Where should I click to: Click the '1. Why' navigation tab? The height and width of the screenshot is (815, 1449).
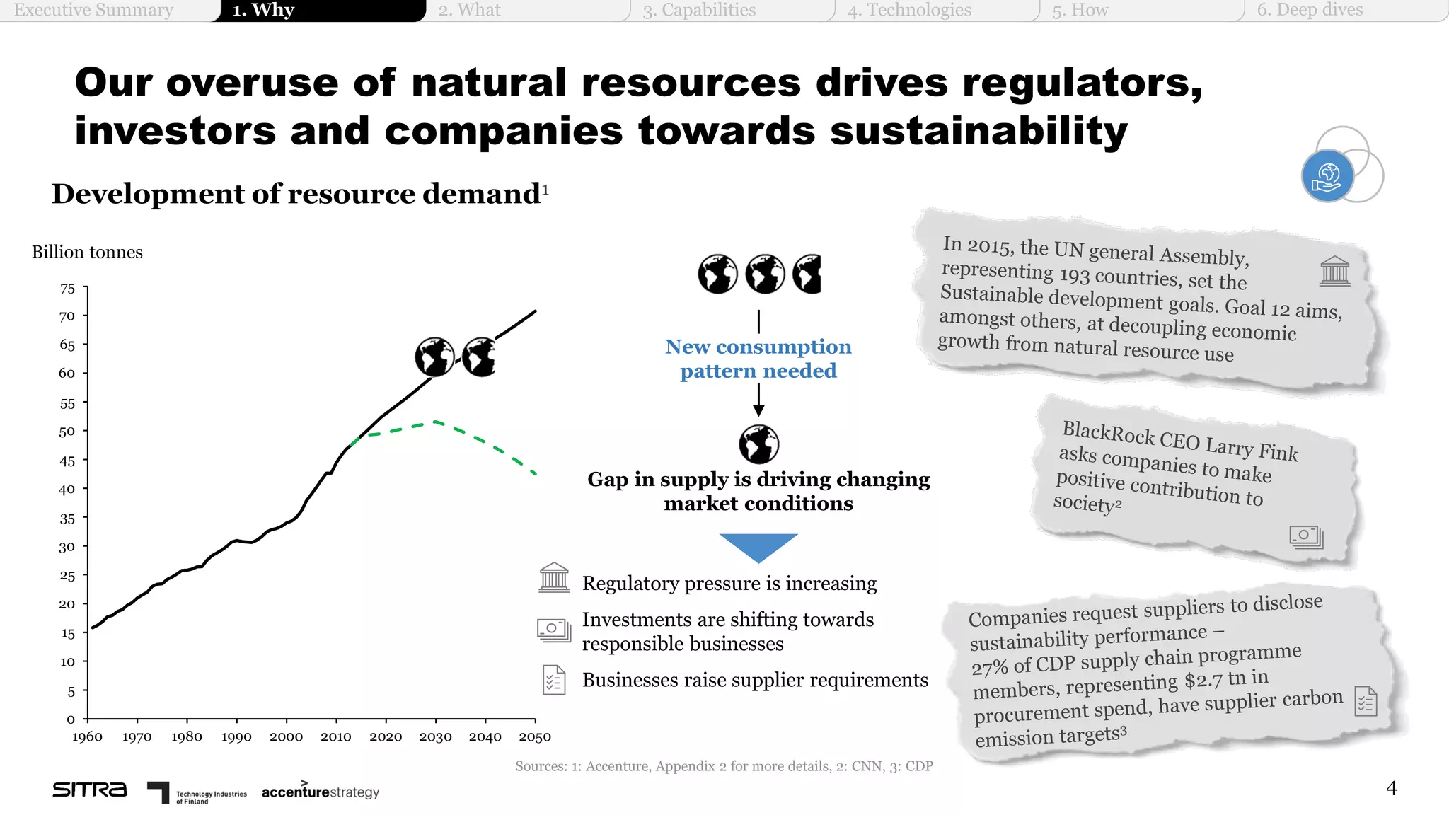(263, 10)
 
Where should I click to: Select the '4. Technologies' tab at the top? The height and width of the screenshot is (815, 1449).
(909, 10)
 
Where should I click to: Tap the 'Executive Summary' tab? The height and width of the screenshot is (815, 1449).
(93, 10)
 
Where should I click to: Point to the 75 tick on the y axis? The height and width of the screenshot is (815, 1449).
(67, 289)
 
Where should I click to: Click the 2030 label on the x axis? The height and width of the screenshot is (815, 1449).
(435, 737)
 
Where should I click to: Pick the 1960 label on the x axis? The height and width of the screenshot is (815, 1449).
(87, 737)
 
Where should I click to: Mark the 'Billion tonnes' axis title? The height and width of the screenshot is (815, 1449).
(87, 253)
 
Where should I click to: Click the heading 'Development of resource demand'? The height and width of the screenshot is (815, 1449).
(296, 194)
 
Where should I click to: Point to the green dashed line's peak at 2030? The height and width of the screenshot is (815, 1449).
(435, 422)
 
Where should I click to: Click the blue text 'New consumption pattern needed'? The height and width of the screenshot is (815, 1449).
(758, 359)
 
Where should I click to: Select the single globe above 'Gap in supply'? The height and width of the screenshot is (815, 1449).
(758, 444)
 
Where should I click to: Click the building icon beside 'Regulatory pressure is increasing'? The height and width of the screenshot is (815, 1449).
(554, 578)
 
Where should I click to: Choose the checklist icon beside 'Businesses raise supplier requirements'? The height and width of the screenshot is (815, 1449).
(554, 680)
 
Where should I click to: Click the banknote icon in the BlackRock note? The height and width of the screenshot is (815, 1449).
(1306, 537)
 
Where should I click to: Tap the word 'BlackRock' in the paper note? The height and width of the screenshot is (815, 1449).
(1107, 433)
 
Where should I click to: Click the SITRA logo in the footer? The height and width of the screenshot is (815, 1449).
(90, 790)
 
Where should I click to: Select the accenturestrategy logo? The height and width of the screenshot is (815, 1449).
(320, 792)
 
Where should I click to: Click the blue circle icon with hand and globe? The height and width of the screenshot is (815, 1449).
(1327, 176)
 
